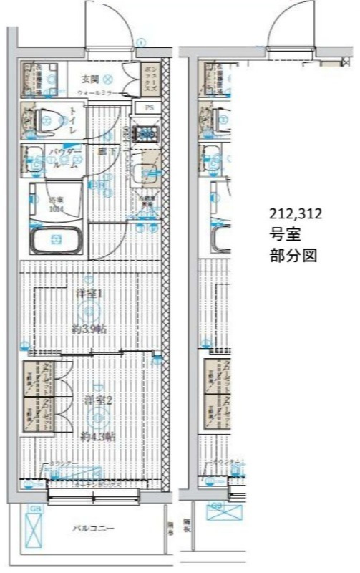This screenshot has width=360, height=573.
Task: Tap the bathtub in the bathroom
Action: click(55, 241)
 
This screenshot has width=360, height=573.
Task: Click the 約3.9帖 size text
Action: click(89, 329)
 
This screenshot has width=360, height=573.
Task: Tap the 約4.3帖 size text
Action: click(94, 436)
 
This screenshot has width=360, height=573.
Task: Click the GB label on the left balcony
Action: click(33, 509)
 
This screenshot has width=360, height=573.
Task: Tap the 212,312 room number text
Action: click(296, 213)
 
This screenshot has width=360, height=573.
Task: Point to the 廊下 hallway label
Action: click(103, 152)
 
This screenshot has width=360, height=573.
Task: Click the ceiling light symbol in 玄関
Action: click(108, 79)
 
